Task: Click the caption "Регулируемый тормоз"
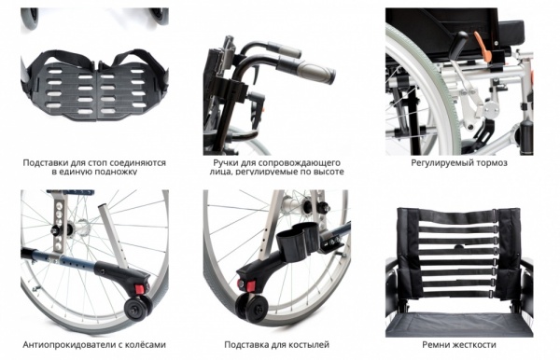click(459, 163)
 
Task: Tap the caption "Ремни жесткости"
click(459, 345)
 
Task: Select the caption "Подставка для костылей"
click(276, 345)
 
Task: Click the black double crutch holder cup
click(298, 238)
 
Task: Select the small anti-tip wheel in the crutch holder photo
click(253, 307)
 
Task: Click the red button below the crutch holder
click(249, 285)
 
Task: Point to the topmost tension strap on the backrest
click(457, 216)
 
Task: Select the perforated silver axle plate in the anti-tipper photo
click(60, 221)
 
